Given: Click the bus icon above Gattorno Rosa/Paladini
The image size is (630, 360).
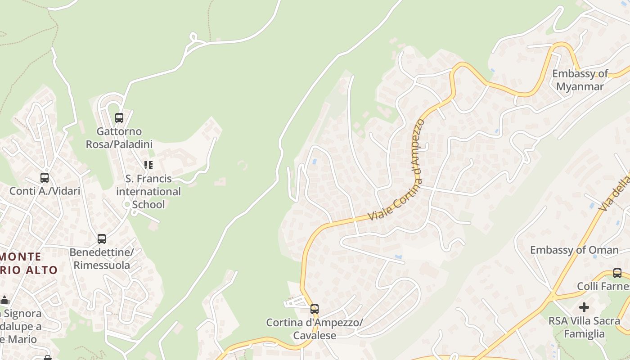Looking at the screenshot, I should pyautogui.click(x=119, y=118).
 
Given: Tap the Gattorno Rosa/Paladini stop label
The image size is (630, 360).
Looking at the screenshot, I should pyautogui.click(x=119, y=138).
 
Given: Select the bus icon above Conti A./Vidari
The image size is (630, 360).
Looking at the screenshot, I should pyautogui.click(x=45, y=178).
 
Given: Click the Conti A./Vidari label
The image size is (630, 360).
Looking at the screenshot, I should pyautogui.click(x=45, y=191).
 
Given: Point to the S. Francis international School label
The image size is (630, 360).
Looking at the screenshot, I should pyautogui.click(x=148, y=191).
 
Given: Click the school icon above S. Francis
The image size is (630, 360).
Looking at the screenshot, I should pyautogui.click(x=148, y=165).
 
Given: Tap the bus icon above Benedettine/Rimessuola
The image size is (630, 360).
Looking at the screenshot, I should pyautogui.click(x=102, y=239).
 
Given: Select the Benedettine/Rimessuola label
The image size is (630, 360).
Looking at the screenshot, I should pyautogui.click(x=102, y=259).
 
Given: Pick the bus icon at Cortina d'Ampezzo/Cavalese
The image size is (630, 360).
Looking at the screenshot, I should pyautogui.click(x=315, y=309).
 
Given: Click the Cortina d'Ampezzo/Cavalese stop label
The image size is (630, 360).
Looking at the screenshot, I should pyautogui.click(x=315, y=329).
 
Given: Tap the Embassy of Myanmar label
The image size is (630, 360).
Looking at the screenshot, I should pyautogui.click(x=580, y=80).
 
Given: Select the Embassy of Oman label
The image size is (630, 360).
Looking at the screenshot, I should pyautogui.click(x=574, y=250).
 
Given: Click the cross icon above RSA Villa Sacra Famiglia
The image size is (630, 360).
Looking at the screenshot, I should pyautogui.click(x=584, y=307).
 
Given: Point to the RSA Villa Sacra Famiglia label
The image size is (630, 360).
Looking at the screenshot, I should pyautogui.click(x=584, y=327).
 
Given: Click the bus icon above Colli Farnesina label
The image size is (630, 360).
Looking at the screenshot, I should pyautogui.click(x=617, y=273).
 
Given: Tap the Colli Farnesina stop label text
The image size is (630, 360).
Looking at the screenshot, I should pyautogui.click(x=603, y=286).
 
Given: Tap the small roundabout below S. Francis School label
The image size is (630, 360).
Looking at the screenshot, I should pyautogui.click(x=127, y=205).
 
